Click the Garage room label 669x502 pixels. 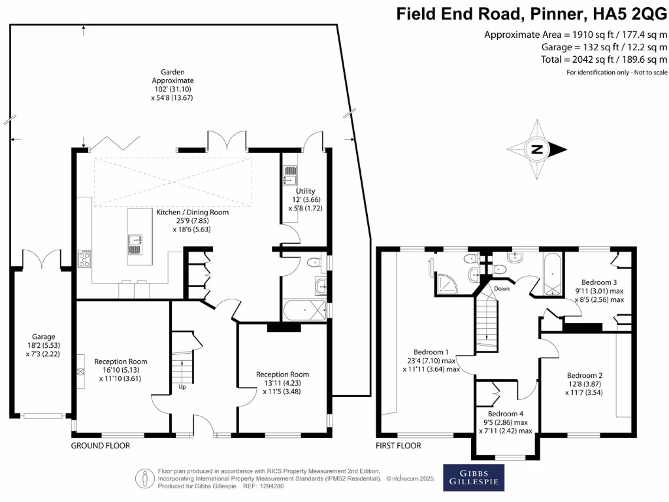click(41, 337)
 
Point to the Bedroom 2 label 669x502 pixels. click(584, 375)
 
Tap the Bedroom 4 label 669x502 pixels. click(506, 414)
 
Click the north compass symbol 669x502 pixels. click(537, 150)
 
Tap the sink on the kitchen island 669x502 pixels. click(135, 244)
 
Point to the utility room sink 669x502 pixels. click(290, 176)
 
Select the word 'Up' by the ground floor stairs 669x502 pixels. click(182, 386)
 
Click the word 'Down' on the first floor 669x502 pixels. click(502, 288)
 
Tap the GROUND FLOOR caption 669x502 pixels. click(101, 446)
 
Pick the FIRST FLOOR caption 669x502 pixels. click(399, 446)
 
